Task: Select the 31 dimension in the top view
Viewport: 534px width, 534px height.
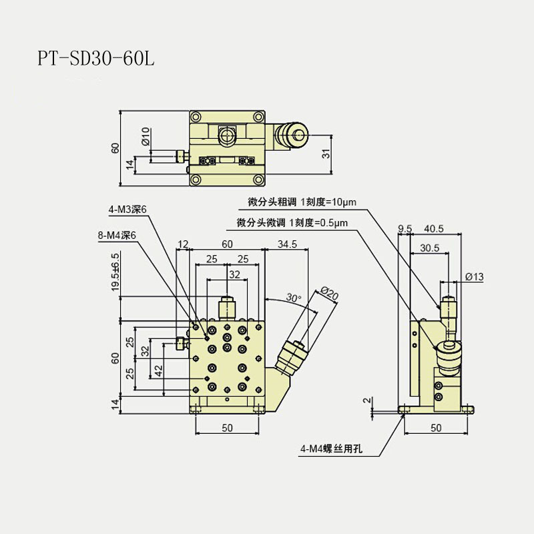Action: click(326, 153)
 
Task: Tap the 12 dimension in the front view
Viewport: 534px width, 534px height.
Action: click(184, 244)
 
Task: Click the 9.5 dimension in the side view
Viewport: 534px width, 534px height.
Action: click(404, 229)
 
